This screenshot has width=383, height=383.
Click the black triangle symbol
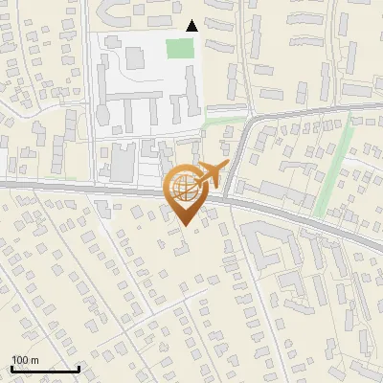point(191,26)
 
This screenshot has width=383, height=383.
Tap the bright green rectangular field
point(178,48)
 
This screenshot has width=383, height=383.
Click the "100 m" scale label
point(25,360)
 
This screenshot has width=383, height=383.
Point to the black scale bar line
point(45,369)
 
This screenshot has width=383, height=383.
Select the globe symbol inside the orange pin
point(186,188)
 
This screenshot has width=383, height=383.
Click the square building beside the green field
point(135,57)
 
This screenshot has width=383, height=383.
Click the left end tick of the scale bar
point(11,368)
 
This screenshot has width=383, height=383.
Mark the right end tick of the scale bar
point(79,368)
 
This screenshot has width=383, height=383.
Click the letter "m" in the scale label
point(34,360)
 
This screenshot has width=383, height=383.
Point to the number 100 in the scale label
point(20,360)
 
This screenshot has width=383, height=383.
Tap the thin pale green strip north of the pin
point(225,123)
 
